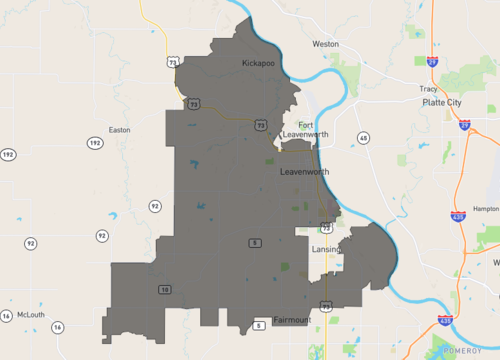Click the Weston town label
326,44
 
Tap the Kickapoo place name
258,63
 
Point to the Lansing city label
327,248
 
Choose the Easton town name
119,129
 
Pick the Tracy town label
429,88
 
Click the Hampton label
487,208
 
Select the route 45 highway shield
363,137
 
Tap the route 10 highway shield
164,290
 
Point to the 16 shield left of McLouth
6,316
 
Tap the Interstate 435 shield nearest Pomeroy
444,321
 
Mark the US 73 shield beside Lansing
326,229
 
